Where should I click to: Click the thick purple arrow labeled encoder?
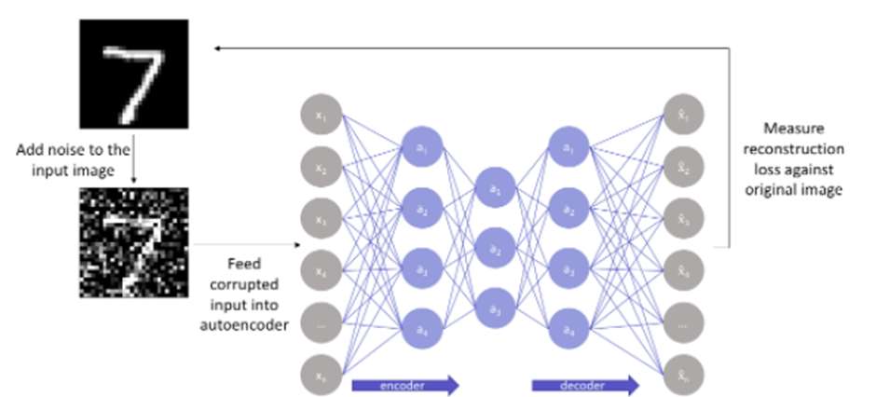pos(404,383)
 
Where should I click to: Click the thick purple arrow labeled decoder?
pos(585,383)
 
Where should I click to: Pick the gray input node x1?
pos(321,116)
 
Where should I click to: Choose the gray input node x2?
pos(321,168)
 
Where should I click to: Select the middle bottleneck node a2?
pos(494,250)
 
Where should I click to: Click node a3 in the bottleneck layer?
pos(494,311)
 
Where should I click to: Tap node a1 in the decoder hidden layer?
pos(568,146)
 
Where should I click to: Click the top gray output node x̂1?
pos(682,116)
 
